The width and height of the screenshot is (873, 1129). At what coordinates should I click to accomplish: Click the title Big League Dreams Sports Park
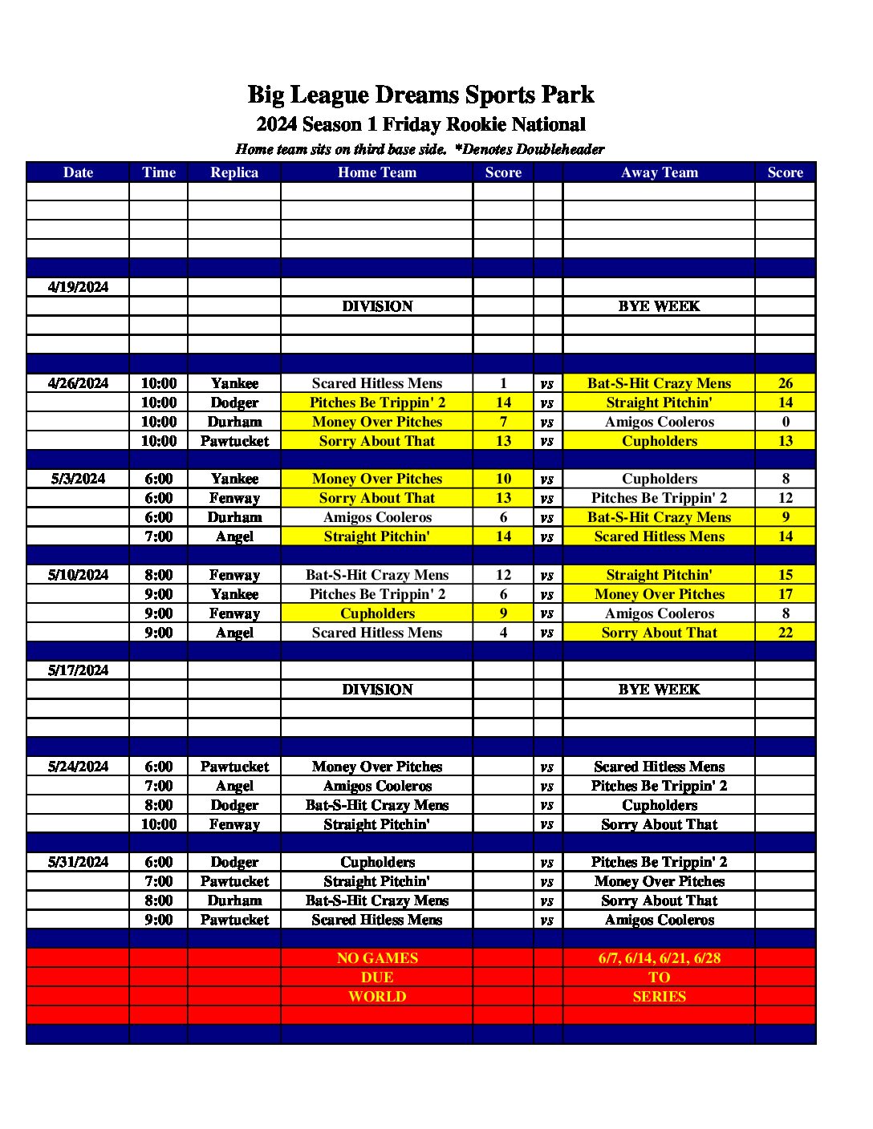(420, 95)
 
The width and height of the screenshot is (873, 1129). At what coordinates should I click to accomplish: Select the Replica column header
(234, 172)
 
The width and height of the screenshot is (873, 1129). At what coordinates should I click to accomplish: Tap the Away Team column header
(659, 172)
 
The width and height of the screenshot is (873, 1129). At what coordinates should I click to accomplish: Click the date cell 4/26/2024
(78, 383)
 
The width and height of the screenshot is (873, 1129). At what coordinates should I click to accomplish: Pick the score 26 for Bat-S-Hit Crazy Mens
(785, 383)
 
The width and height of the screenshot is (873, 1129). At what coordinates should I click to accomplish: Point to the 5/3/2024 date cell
(78, 479)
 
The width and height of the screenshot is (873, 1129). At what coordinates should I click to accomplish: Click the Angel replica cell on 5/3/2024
(234, 536)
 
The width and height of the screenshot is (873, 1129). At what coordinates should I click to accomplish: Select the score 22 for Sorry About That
(785, 633)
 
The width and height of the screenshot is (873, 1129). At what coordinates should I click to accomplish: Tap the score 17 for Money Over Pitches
(785, 594)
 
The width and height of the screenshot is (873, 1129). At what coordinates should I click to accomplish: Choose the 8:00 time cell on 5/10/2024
(158, 575)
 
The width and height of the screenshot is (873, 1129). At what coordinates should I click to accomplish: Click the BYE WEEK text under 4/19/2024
(659, 306)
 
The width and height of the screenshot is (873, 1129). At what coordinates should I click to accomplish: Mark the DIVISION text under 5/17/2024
(377, 690)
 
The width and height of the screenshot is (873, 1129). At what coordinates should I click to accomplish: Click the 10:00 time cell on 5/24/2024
(158, 824)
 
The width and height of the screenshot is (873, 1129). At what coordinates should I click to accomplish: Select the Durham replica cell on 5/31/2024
(234, 900)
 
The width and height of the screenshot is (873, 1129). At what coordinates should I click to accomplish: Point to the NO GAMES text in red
(377, 958)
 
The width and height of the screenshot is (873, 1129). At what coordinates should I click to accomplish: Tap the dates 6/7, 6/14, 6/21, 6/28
(659, 958)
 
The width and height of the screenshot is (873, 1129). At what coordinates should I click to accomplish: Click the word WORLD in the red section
(377, 997)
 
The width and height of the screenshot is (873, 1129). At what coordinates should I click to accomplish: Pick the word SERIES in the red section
(659, 997)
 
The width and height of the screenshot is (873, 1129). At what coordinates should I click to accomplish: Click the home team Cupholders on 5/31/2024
(377, 862)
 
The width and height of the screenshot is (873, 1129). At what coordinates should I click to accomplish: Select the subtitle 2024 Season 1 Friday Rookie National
(420, 124)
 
